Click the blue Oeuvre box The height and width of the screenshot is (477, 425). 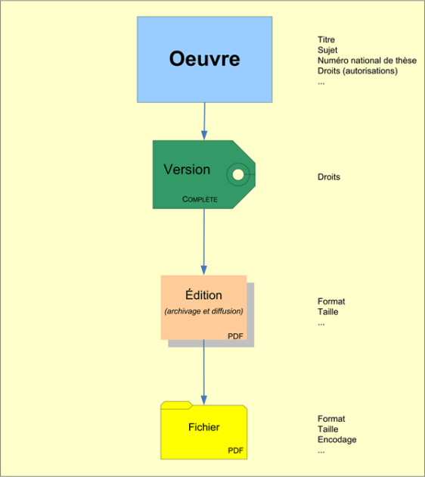pyautogui.click(x=204, y=59)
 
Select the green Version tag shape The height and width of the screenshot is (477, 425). pyautogui.click(x=204, y=174)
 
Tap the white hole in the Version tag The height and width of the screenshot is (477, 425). pyautogui.click(x=238, y=175)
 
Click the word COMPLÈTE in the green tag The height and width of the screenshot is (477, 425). pyautogui.click(x=200, y=199)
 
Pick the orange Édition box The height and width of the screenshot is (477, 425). pyautogui.click(x=203, y=307)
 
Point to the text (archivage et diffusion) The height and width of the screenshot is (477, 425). pyautogui.click(x=203, y=311)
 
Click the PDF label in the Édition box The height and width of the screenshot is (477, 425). pyautogui.click(x=235, y=336)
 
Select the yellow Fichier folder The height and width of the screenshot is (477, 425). pyautogui.click(x=204, y=430)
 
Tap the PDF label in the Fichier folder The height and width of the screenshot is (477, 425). pyautogui.click(x=235, y=450)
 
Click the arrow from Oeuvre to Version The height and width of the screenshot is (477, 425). pyautogui.click(x=204, y=121)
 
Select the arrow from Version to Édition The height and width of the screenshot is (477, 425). pyautogui.click(x=204, y=242)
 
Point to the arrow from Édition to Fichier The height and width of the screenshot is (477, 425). pyautogui.click(x=204, y=372)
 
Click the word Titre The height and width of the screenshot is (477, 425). pyautogui.click(x=326, y=39)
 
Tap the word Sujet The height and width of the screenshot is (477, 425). pyautogui.click(x=327, y=50)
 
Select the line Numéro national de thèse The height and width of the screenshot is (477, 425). pyautogui.click(x=367, y=61)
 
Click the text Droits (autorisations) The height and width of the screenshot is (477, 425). pyautogui.click(x=358, y=71)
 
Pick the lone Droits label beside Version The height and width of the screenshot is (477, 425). pyautogui.click(x=329, y=176)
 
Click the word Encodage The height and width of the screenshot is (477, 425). pyautogui.click(x=337, y=440)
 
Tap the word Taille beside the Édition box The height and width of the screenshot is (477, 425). pyautogui.click(x=327, y=312)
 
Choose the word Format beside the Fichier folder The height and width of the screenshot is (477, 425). pyautogui.click(x=331, y=419)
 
